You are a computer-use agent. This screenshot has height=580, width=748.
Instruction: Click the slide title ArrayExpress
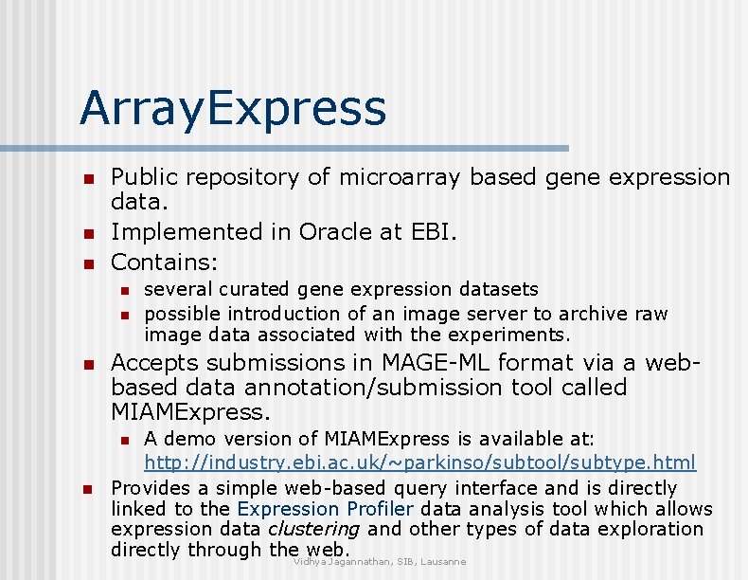click(233, 108)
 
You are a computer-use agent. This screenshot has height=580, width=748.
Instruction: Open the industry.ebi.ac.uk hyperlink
click(419, 463)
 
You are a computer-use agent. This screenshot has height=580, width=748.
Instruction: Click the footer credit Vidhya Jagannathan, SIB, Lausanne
click(380, 562)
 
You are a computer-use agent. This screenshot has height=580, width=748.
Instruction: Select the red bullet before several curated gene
click(122, 289)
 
